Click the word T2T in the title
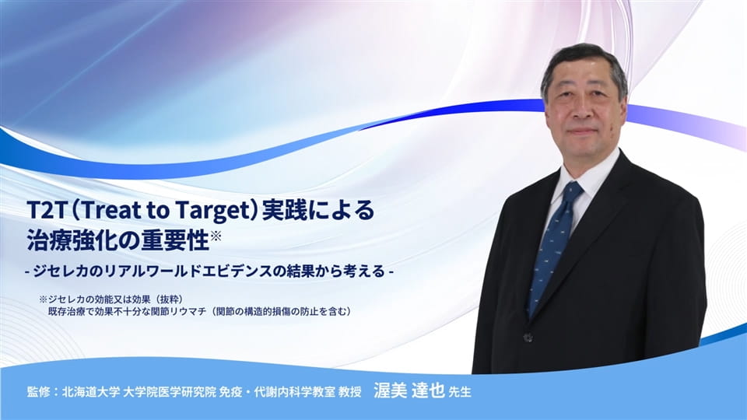(x=44, y=211)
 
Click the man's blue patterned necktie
(x=551, y=249)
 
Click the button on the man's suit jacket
(x=528, y=336)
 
